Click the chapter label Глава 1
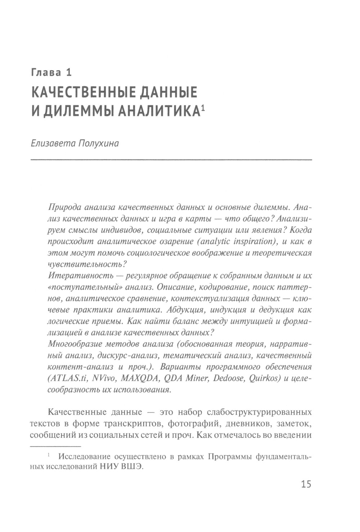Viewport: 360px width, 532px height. coord(51,72)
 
